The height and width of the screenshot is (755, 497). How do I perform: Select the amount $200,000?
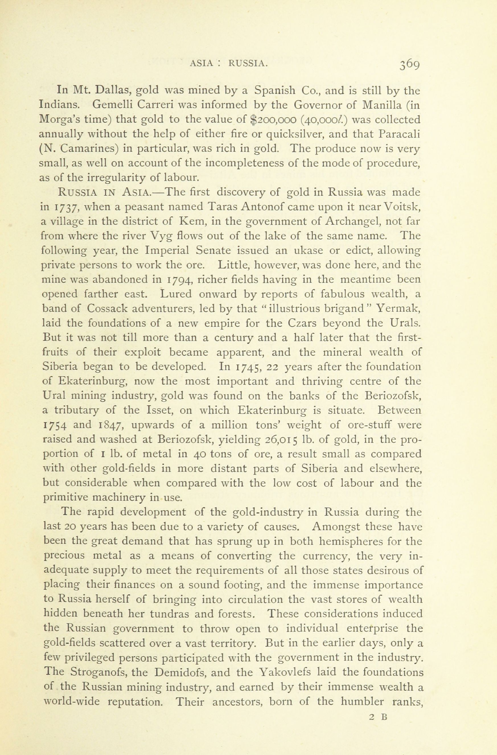pos(273,120)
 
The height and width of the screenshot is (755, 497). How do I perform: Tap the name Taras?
pos(223,207)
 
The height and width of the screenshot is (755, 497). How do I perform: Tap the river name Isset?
pos(156,410)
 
